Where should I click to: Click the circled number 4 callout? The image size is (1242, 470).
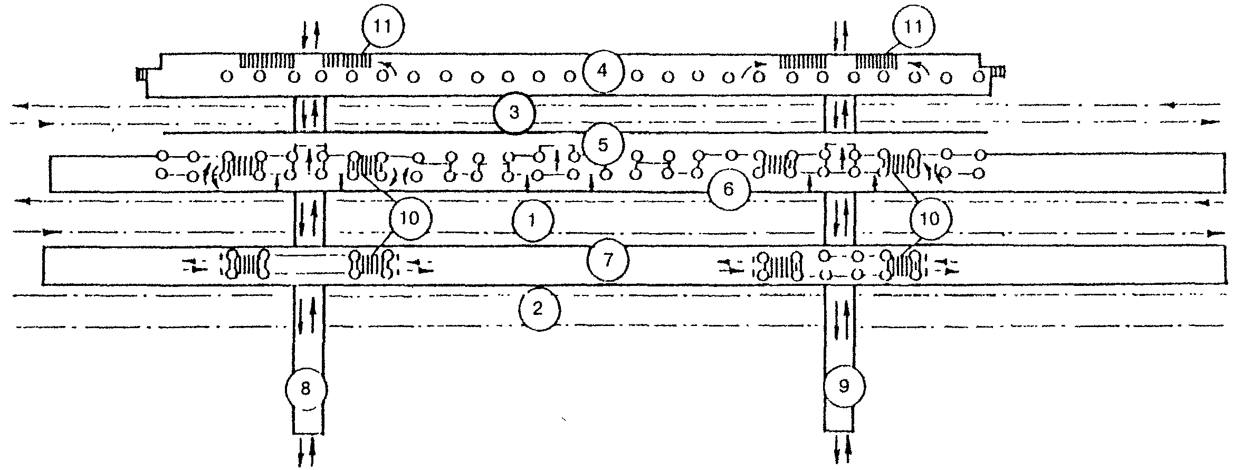click(x=603, y=72)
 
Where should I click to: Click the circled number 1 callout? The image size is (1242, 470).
click(x=532, y=221)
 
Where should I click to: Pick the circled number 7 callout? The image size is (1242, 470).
click(x=608, y=261)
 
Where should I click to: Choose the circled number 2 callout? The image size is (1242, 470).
click(x=538, y=310)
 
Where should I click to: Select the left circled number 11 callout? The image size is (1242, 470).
click(x=384, y=28)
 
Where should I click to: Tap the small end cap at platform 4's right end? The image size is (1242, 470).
click(x=999, y=71)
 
